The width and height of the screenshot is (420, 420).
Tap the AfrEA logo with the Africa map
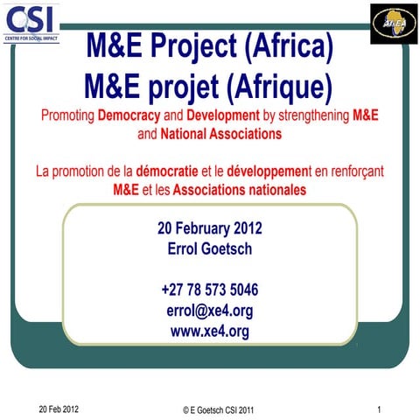pyautogui.click(x=388, y=20)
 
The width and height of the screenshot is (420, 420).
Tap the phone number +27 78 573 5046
pyautogui.click(x=210, y=290)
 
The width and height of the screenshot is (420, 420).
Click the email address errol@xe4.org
pyautogui.click(x=210, y=310)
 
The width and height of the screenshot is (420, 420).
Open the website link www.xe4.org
pyautogui.click(x=210, y=330)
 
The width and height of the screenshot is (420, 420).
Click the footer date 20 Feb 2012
pyautogui.click(x=59, y=409)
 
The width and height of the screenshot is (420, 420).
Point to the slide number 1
pyautogui.click(x=380, y=409)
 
